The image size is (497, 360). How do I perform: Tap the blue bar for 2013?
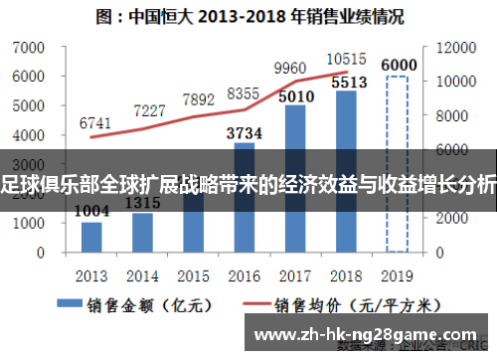[91, 236]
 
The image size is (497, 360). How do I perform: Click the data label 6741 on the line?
[94, 122]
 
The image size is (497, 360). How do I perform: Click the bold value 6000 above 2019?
[398, 66]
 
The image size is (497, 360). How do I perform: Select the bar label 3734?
[245, 132]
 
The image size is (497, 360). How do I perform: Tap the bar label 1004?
[91, 211]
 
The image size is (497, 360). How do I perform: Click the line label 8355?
[245, 92]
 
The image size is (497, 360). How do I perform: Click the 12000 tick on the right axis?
[444, 48]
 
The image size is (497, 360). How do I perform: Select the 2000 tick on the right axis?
[440, 218]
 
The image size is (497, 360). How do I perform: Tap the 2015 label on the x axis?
[193, 274]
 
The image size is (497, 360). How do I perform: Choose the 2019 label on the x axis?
[397, 274]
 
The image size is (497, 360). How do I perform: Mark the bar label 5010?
[295, 96]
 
